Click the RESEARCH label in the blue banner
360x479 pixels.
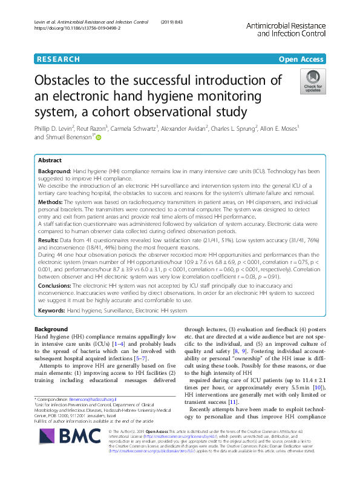pos(58,59)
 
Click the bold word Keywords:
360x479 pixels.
pos(51,309)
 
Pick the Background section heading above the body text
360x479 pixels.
pos(51,329)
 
